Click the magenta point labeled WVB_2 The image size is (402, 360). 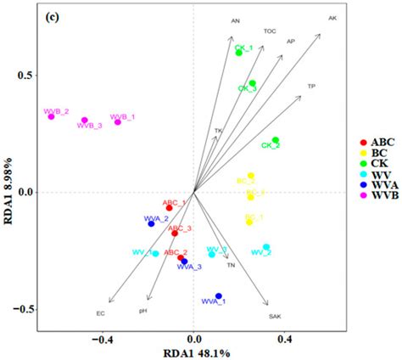tap(51, 116)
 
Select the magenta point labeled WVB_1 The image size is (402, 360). tap(118, 122)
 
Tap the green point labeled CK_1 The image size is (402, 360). tap(239, 53)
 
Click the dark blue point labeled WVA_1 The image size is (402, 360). tap(219, 296)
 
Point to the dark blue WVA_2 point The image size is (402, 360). tap(152, 223)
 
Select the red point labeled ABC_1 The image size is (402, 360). tap(170, 208)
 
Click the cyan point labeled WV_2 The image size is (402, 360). tap(266, 248)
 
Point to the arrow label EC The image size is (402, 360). tap(100, 314)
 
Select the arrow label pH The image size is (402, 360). tap(143, 312)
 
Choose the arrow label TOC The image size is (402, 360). tap(270, 31)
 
